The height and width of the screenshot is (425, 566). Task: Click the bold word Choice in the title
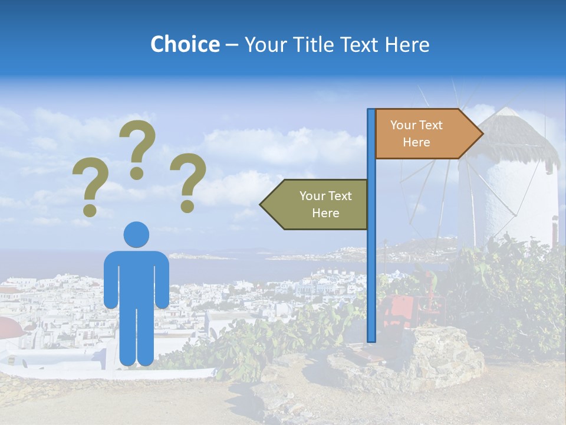tap(185, 44)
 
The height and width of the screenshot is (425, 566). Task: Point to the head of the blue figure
tap(136, 234)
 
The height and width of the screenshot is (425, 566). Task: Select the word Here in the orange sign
tap(416, 142)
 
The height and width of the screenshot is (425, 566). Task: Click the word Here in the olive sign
tap(325, 213)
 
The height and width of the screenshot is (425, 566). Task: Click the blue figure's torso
tap(136, 277)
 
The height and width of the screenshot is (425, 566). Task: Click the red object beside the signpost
tap(401, 310)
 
